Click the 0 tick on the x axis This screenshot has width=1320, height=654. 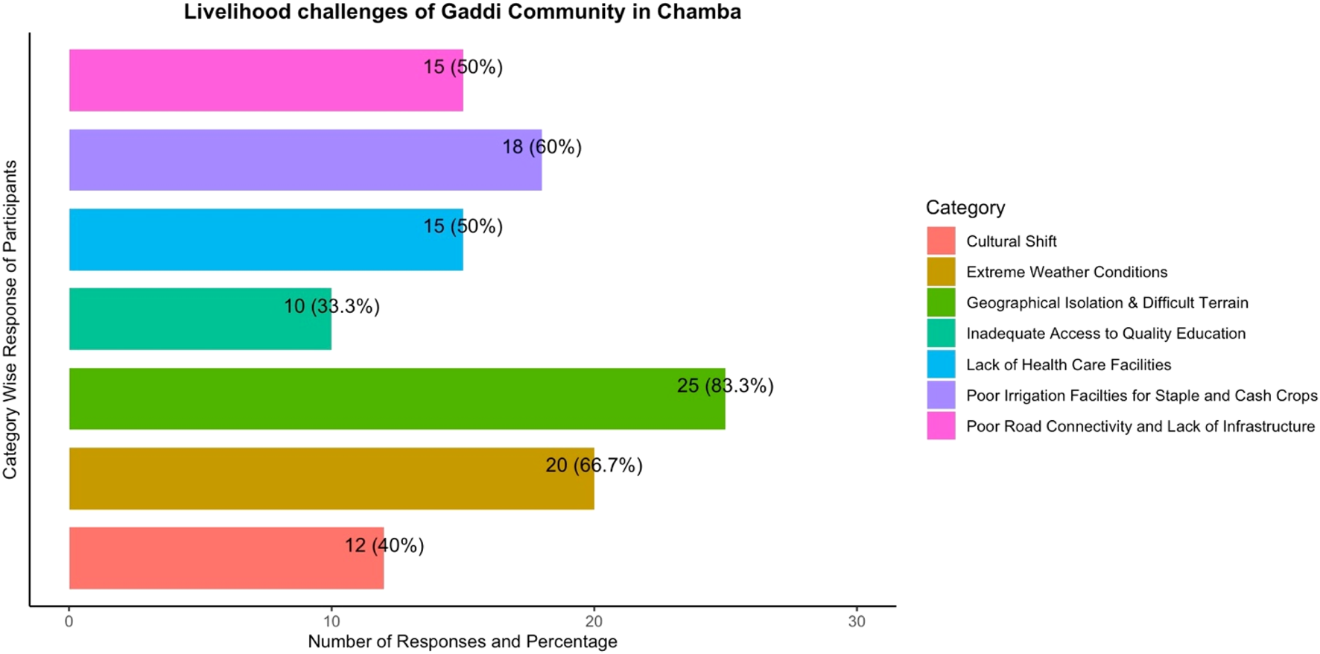tap(69, 621)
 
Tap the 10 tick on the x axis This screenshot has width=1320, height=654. tap(331, 621)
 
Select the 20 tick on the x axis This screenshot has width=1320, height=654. tap(594, 621)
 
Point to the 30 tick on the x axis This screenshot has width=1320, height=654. tap(857, 621)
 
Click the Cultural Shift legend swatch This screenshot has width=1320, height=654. tap(941, 241)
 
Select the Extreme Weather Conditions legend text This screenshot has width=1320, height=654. tap(1067, 272)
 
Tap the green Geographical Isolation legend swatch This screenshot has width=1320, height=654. tap(941, 302)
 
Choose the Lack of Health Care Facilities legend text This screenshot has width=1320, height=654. tap(1068, 364)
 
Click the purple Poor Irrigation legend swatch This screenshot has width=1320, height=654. tap(941, 395)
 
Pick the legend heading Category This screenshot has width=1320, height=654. tap(965, 208)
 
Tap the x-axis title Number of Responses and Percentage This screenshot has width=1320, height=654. tap(463, 641)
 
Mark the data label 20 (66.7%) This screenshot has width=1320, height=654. tap(594, 466)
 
